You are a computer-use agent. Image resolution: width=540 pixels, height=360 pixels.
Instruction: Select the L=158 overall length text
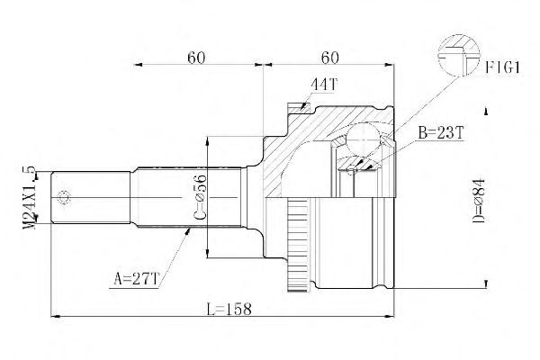click(x=227, y=308)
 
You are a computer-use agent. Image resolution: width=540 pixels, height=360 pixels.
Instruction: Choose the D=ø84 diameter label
click(x=477, y=200)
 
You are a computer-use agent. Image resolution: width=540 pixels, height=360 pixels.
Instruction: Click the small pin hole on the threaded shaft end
click(x=65, y=198)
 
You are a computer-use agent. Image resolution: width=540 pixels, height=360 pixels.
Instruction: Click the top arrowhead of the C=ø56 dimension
click(x=209, y=139)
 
